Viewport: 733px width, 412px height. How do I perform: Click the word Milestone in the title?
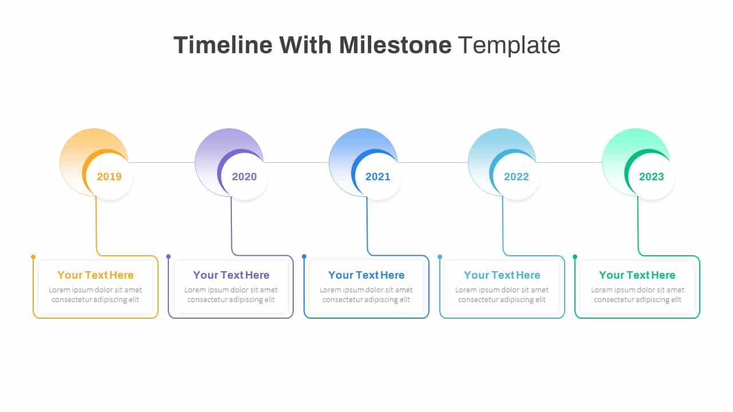point(395,45)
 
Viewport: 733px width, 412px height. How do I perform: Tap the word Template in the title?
point(509,46)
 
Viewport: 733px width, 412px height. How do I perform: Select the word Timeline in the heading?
point(223,45)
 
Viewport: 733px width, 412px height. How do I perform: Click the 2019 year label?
point(109,177)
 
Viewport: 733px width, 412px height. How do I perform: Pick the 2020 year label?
point(245,177)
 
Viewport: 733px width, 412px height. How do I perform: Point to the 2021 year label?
point(378,177)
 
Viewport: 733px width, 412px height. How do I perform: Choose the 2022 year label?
point(517,177)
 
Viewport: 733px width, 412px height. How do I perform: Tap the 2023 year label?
point(652,177)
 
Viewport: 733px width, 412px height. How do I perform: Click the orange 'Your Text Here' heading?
point(96,275)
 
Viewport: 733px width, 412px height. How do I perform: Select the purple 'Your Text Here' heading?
point(231,275)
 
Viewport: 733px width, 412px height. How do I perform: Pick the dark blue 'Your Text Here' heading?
point(366,275)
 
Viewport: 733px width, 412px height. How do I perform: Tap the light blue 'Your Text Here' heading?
point(502,275)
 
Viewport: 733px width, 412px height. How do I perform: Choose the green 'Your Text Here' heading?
point(637,275)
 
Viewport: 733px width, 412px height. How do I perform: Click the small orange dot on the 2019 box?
point(33,257)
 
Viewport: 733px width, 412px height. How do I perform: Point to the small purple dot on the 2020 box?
point(168,257)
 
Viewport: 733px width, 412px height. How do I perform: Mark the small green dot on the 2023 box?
point(575,257)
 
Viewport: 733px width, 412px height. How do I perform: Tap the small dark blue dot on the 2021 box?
point(304,257)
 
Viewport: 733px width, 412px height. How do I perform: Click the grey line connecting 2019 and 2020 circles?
point(161,162)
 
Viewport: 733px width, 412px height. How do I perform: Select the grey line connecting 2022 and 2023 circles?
point(569,162)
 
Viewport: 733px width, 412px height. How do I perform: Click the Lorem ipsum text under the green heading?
point(637,295)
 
